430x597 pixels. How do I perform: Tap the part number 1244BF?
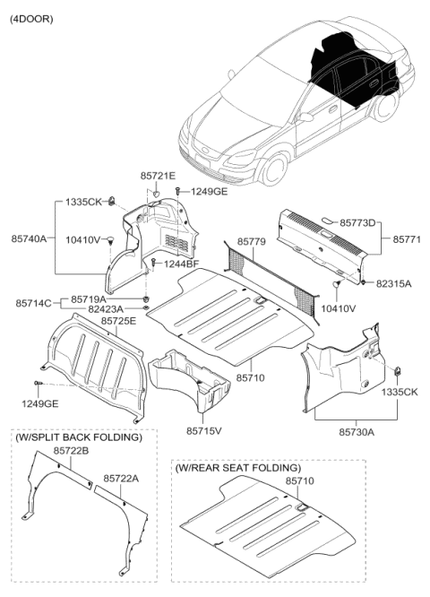(x=181, y=263)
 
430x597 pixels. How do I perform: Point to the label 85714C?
(x=33, y=304)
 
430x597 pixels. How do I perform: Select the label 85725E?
(x=118, y=320)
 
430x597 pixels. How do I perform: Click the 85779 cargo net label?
(x=252, y=241)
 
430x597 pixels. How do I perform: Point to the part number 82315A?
(x=394, y=282)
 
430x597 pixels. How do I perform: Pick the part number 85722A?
(x=123, y=479)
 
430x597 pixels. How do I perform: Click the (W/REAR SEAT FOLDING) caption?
(x=238, y=468)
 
